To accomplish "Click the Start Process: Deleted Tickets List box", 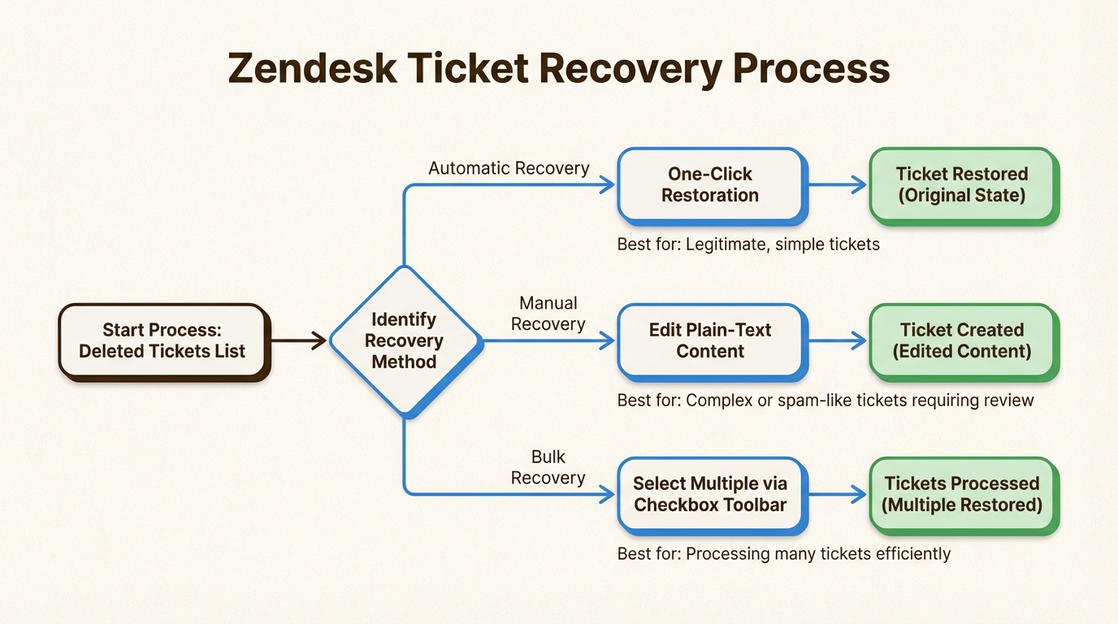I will pyautogui.click(x=162, y=341).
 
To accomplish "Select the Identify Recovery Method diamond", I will pyautogui.click(x=404, y=341).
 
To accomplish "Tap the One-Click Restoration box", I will pyautogui.click(x=709, y=184).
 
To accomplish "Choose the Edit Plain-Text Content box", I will pyautogui.click(x=709, y=341).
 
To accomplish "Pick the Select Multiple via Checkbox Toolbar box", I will pyautogui.click(x=709, y=494).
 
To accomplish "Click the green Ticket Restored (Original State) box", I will pyautogui.click(x=962, y=184).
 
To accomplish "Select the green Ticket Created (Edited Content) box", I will pyautogui.click(x=962, y=341).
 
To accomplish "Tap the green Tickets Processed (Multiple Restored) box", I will pyautogui.click(x=962, y=494).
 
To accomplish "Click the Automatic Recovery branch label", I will pyautogui.click(x=509, y=168).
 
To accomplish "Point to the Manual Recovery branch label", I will pyautogui.click(x=548, y=314).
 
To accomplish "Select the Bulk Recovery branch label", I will pyautogui.click(x=548, y=467).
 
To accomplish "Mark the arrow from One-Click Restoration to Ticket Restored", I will pyautogui.click(x=837, y=185).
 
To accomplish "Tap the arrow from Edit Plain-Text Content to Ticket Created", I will pyautogui.click(x=837, y=341).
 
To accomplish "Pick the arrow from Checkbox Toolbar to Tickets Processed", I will pyautogui.click(x=837, y=494).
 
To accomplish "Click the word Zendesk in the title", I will pyautogui.click(x=312, y=69).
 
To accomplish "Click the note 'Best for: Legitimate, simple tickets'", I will pyautogui.click(x=748, y=244).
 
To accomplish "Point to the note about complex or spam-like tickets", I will pyautogui.click(x=825, y=400).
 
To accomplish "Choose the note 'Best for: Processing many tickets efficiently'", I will pyautogui.click(x=783, y=554).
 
